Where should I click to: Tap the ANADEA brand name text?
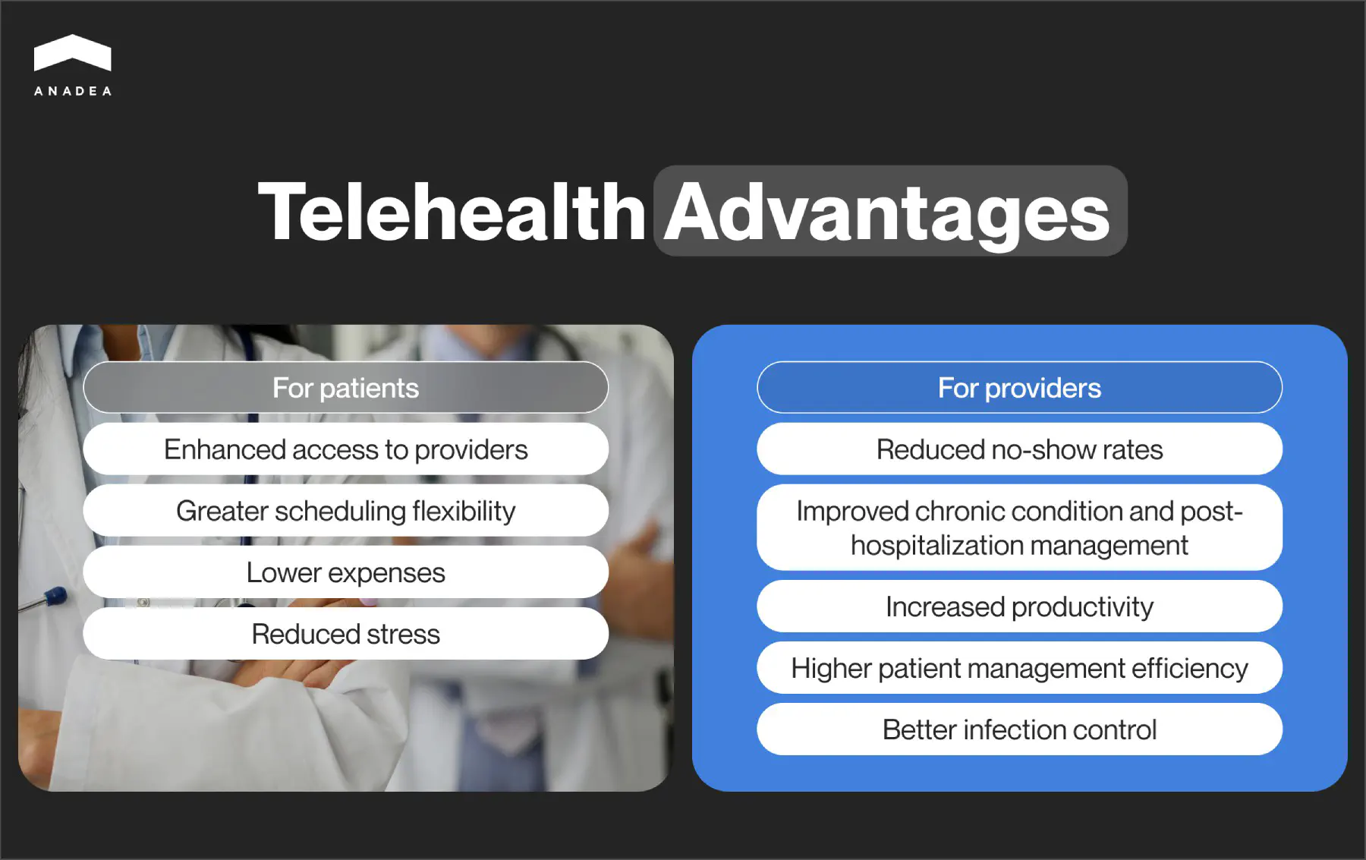click(x=73, y=91)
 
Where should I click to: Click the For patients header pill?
click(x=345, y=387)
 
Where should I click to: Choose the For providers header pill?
click(x=1019, y=387)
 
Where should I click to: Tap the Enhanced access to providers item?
click(x=345, y=449)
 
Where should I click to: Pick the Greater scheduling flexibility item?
click(x=345, y=510)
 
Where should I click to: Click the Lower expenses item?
click(x=345, y=572)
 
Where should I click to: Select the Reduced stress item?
click(x=345, y=633)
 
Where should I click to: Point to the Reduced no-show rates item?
click(x=1019, y=449)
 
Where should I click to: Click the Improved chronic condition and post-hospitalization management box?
click(x=1019, y=528)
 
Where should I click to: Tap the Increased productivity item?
click(x=1019, y=606)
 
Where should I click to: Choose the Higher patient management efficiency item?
click(x=1019, y=667)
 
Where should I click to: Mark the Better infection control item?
click(x=1019, y=729)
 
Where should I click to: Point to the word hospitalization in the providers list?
click(x=937, y=546)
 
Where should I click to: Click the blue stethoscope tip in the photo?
click(x=55, y=597)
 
